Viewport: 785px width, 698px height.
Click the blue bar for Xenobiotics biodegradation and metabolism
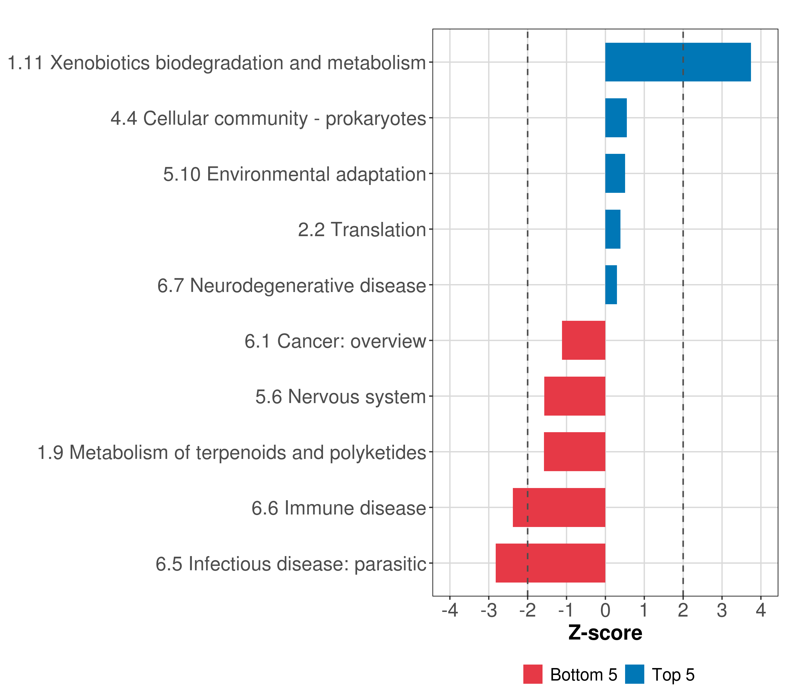tap(678, 62)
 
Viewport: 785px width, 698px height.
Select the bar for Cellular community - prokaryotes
tap(615, 118)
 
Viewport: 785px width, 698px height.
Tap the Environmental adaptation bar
tap(615, 174)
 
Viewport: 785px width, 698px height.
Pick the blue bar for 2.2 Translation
tap(613, 229)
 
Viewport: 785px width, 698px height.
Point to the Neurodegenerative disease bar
tap(611, 285)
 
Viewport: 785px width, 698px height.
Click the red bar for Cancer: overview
tap(584, 340)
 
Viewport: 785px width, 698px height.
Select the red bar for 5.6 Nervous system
tap(575, 396)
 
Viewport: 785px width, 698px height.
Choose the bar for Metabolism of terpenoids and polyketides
tap(575, 452)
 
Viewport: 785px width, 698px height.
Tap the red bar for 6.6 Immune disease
tap(559, 508)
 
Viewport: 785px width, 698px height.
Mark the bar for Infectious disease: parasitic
tap(550, 563)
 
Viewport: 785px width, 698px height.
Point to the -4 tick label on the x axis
tap(450, 610)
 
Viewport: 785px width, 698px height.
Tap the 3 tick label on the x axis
tap(722, 610)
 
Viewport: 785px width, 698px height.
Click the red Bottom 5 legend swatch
tap(533, 674)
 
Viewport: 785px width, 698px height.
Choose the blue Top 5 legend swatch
tap(634, 674)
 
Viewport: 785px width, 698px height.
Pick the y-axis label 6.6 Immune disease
tap(339, 508)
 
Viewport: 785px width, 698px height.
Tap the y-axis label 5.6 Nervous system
tap(341, 397)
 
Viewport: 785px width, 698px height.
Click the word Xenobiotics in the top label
tap(100, 63)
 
